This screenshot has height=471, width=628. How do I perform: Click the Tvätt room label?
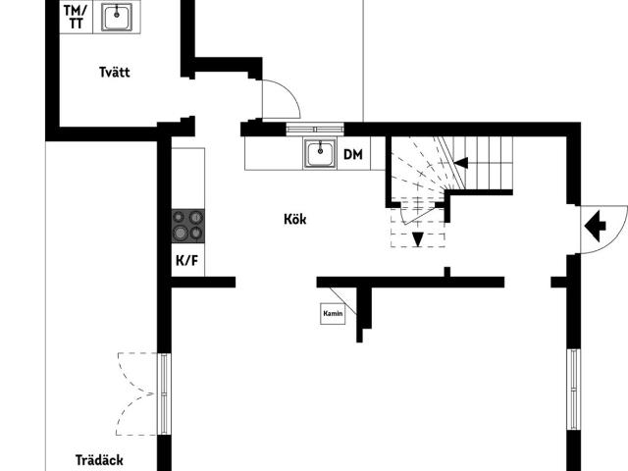coord(115,72)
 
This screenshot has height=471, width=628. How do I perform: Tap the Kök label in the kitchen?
coord(295,219)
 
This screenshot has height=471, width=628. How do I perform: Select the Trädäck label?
coord(99,460)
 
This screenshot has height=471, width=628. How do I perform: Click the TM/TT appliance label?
coord(76,17)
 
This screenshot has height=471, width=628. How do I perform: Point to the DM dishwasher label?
coord(353,154)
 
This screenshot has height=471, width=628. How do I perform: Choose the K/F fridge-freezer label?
coord(187,261)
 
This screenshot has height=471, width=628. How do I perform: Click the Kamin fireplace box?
coord(333,313)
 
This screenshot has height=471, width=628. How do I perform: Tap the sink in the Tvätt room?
coord(117,17)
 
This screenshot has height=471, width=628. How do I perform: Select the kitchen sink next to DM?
coord(320,153)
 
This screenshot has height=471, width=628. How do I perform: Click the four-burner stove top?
coord(188,226)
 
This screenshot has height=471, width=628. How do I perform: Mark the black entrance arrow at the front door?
coord(596,227)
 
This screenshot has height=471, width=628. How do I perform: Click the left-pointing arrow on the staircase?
coord(460,163)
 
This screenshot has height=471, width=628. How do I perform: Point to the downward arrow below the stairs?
coord(418,239)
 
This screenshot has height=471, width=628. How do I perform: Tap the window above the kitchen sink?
coord(315,129)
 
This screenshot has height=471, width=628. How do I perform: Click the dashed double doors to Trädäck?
coord(136,393)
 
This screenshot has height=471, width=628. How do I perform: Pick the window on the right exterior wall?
coord(573,390)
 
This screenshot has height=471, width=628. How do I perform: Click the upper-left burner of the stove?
coord(179,218)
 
